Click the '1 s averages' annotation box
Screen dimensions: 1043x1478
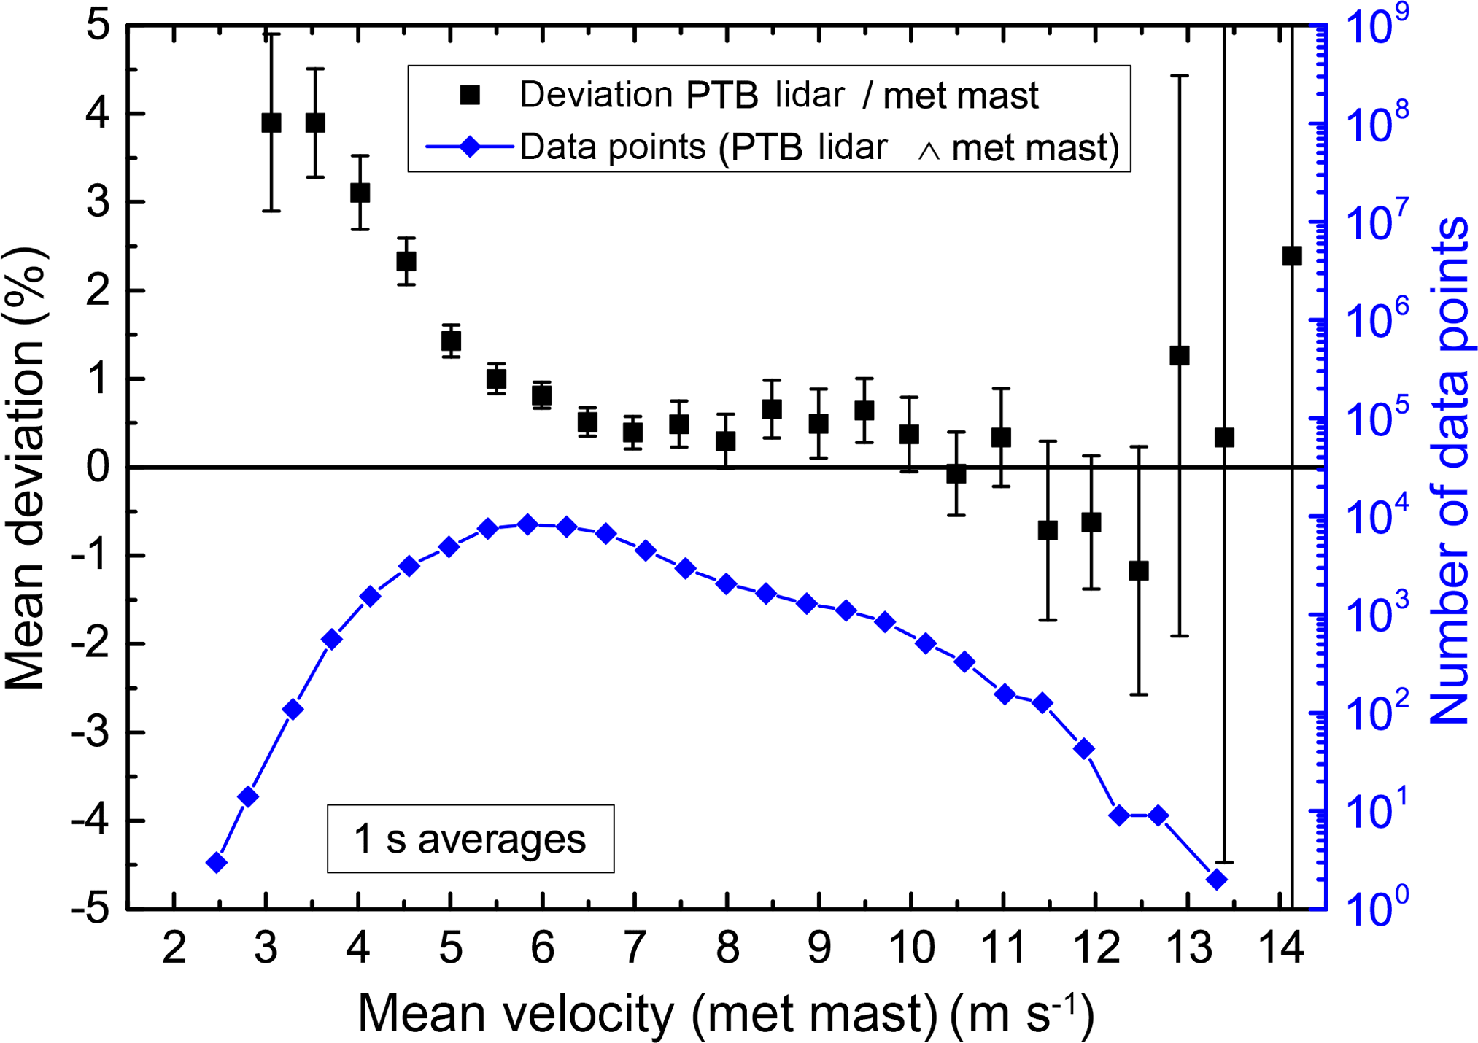[x=470, y=839]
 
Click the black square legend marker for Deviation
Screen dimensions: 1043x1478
[x=471, y=95]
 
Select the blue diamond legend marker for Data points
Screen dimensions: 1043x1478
[x=471, y=147]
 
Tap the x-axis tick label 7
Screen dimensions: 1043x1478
[x=634, y=947]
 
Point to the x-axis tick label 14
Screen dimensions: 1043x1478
[x=1282, y=947]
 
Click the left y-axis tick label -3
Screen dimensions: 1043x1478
[x=96, y=732]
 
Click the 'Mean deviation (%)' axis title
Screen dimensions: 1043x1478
[x=26, y=467]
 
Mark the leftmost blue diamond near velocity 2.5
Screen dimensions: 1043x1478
[x=216, y=863]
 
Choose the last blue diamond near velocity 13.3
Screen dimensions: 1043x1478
[x=1216, y=879]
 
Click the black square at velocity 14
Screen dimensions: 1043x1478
[x=1292, y=256]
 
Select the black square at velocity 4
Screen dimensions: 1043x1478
[x=360, y=193]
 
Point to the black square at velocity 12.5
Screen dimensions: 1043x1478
[x=1139, y=570]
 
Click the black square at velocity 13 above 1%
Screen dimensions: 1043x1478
[x=1180, y=356]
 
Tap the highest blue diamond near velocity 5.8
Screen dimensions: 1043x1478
[x=528, y=524]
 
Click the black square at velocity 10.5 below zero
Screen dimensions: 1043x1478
[x=956, y=474]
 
